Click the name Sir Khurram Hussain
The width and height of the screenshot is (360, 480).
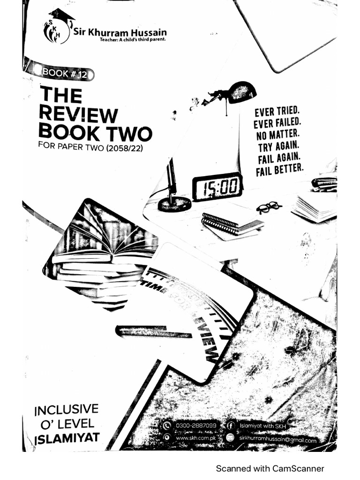click(120, 32)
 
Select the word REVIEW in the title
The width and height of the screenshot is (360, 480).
click(78, 114)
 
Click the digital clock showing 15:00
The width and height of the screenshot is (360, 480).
click(217, 186)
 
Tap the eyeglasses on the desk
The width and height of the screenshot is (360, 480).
click(269, 207)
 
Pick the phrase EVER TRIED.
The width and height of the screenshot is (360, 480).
click(277, 112)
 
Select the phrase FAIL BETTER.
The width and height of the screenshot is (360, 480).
click(280, 169)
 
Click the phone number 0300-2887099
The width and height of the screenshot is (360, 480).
click(195, 426)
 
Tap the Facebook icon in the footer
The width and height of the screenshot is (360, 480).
click(231, 426)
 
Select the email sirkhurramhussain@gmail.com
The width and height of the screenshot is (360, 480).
click(277, 439)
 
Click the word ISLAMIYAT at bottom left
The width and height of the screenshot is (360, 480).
click(67, 439)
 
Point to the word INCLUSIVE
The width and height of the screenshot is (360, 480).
click(67, 410)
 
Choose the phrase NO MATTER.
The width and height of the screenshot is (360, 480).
click(278, 135)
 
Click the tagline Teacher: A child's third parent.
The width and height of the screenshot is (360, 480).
click(132, 39)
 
